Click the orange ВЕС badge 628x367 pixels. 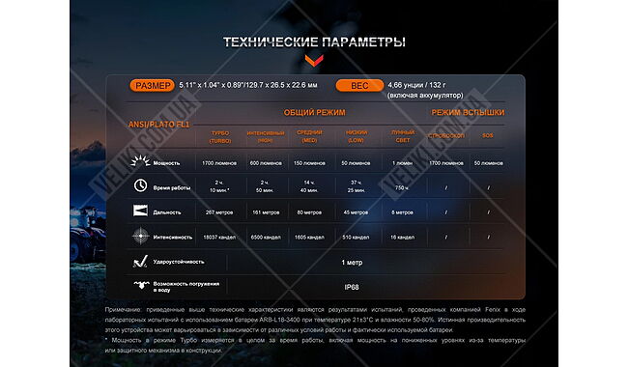click(359, 85)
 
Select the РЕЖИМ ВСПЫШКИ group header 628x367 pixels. click(467, 113)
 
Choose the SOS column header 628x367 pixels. click(487, 136)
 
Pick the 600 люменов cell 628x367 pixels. click(266, 163)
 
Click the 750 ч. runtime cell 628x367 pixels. click(402, 187)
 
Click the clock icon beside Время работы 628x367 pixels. click(140, 186)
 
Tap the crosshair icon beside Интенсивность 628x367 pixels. click(140, 236)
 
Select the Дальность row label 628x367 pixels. click(168, 211)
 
